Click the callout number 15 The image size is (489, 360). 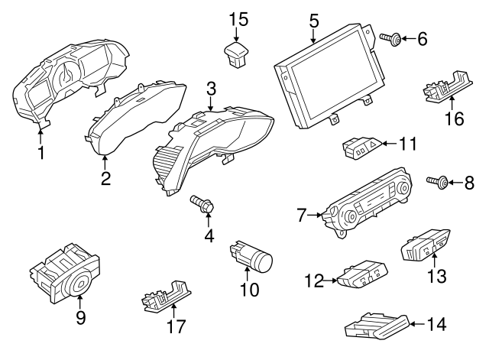pos(239,18)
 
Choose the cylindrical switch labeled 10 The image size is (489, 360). pos(251,258)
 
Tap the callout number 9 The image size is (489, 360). pos(80,318)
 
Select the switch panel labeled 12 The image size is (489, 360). pos(362,276)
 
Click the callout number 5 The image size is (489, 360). pos(314,20)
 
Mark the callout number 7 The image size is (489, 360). pos(301,216)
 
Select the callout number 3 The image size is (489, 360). pos(210,89)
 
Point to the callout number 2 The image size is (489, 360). pos(105,179)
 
